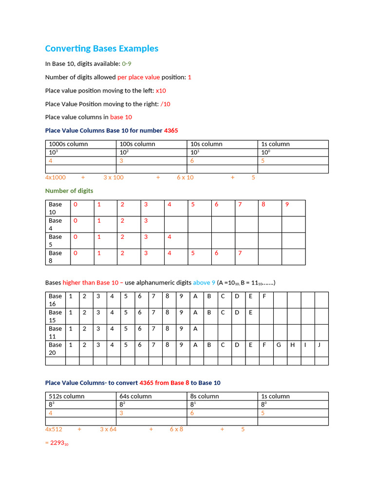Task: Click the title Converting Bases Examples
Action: coord(101,49)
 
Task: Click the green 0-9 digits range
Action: coord(127,64)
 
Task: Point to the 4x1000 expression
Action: coord(56,177)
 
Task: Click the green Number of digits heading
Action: coord(69,191)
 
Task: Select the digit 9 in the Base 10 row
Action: coord(287,205)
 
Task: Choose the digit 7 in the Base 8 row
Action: coord(240,253)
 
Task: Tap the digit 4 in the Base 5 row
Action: coord(169,237)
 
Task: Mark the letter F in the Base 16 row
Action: coord(264,296)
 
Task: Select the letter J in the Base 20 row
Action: coord(319,345)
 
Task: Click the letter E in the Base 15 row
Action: coord(250,312)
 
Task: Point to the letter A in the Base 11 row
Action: coord(195,329)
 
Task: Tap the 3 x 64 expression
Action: coord(108,429)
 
